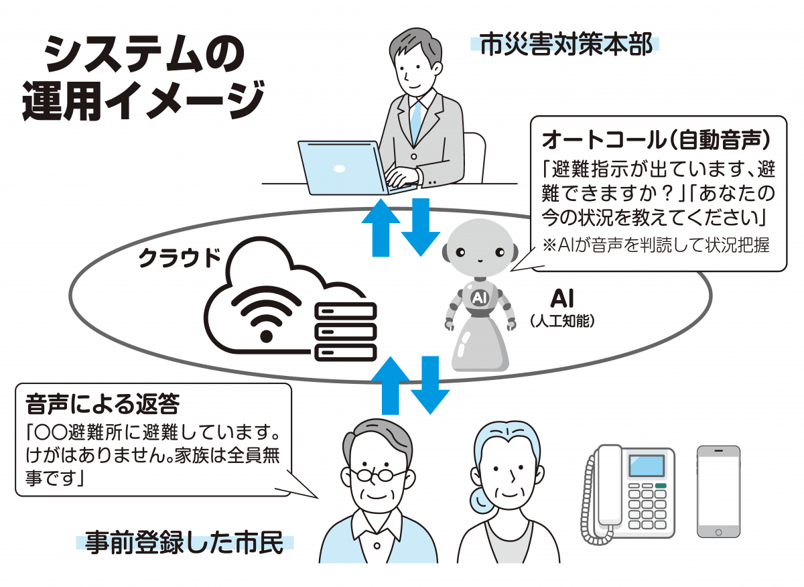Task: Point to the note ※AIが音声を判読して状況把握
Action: (656, 245)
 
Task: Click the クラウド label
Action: (180, 258)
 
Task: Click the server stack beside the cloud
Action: (345, 332)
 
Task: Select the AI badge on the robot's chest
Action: (479, 298)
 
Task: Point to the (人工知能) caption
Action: (562, 320)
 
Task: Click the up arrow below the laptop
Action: (381, 228)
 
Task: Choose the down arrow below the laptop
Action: (421, 227)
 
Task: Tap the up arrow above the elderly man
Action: (390, 385)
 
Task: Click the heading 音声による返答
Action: (103, 404)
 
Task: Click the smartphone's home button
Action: (718, 533)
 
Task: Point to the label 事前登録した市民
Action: (184, 543)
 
